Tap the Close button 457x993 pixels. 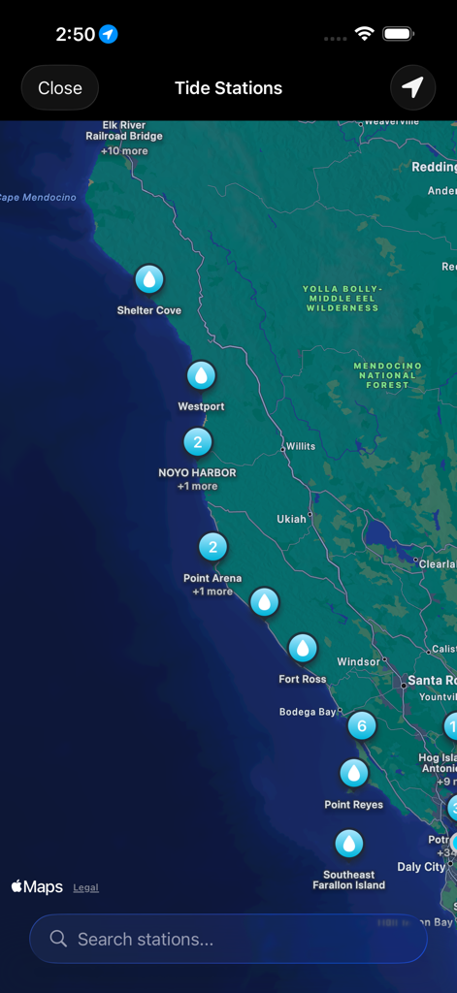click(x=60, y=88)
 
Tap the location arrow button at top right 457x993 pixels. click(x=412, y=88)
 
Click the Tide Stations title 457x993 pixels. click(x=228, y=88)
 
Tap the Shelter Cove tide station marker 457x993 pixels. click(x=149, y=279)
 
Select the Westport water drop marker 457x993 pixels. click(x=201, y=375)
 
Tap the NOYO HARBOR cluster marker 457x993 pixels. click(x=197, y=442)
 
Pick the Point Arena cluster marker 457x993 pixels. click(x=212, y=547)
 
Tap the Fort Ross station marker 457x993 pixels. click(x=303, y=648)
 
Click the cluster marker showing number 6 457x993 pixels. click(x=361, y=724)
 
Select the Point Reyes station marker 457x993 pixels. click(x=353, y=773)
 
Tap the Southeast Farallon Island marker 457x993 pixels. click(x=349, y=843)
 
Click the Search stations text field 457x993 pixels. click(x=228, y=939)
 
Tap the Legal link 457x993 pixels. click(x=86, y=887)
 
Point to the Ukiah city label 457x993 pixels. click(x=291, y=519)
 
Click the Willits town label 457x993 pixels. click(x=300, y=447)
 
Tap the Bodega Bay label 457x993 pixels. click(x=308, y=712)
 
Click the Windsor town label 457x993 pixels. click(x=359, y=661)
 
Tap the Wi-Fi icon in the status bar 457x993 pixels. click(x=365, y=34)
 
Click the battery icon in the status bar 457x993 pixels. click(x=399, y=34)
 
